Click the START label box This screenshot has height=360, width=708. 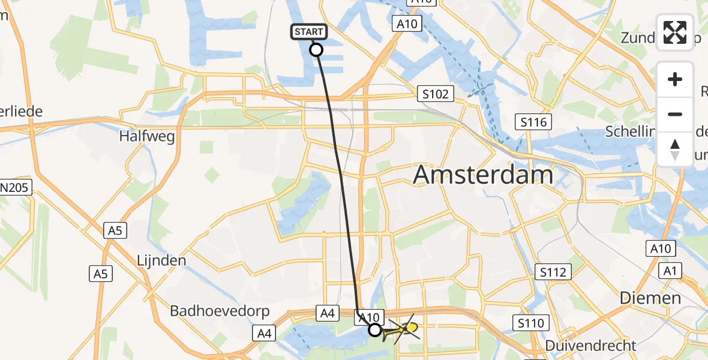tap(310, 32)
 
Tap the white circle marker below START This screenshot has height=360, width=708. tap(316, 50)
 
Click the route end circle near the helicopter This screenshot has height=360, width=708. tap(374, 329)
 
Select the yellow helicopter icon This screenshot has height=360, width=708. tap(401, 329)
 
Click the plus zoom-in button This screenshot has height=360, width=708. tap(675, 79)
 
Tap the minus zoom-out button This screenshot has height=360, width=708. tap(675, 114)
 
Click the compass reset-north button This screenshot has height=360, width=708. tap(675, 149)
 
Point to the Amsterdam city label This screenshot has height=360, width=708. tap(483, 175)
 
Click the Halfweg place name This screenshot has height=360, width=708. tap(147, 136)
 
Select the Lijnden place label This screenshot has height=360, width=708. tap(160, 260)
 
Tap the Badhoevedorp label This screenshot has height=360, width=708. tap(220, 311)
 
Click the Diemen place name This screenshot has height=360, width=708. tap(650, 298)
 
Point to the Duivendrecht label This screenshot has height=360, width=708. tap(591, 346)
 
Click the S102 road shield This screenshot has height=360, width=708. tap(436, 94)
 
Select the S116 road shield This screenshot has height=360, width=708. tap(533, 122)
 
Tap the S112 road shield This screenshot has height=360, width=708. tap(552, 272)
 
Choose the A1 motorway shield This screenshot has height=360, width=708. tap(670, 271)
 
